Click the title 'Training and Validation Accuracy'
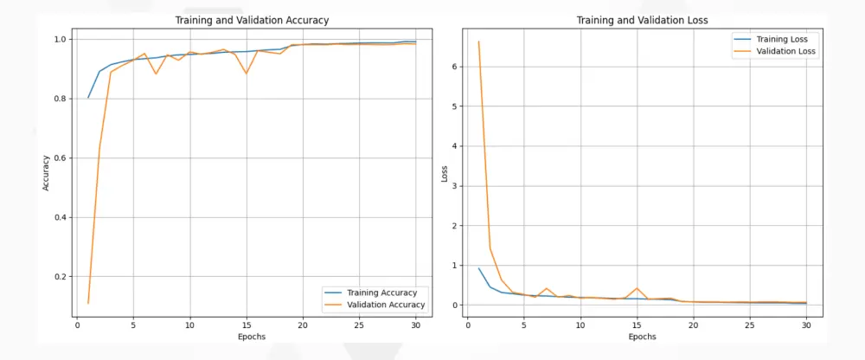coord(252,20)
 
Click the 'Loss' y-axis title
coord(445,173)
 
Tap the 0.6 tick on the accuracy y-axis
coord(61,157)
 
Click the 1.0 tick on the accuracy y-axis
coord(61,40)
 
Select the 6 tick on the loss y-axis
coord(456,67)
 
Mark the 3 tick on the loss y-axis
coord(456,186)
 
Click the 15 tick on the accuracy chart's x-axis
coord(247,325)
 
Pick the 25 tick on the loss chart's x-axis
coord(749,325)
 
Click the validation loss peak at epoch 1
coord(479,42)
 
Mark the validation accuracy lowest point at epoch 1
coord(88,303)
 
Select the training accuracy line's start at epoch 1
coord(88,98)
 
